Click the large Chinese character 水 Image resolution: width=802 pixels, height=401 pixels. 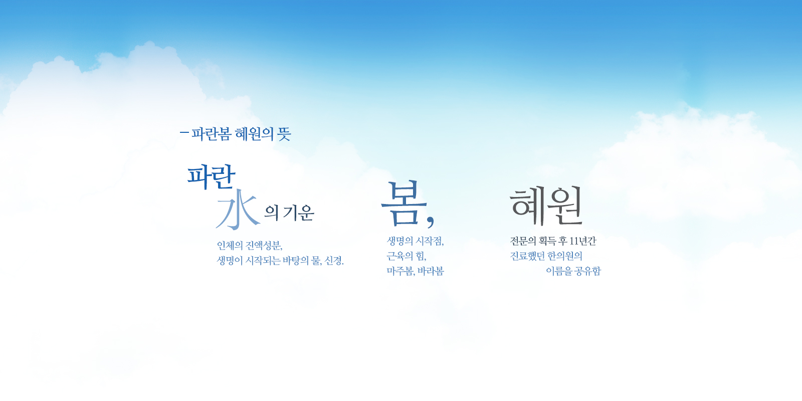pyautogui.click(x=238, y=210)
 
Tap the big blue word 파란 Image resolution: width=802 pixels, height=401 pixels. pyautogui.click(x=212, y=177)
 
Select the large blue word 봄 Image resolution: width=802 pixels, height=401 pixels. pyautogui.click(x=404, y=204)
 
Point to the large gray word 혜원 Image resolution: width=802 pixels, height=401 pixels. pyautogui.click(x=546, y=206)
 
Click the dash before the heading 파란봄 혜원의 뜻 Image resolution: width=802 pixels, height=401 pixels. pyautogui.click(x=184, y=133)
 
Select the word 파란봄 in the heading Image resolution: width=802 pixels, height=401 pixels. pyautogui.click(x=211, y=134)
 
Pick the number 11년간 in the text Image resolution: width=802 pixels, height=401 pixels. pyautogui.click(x=582, y=241)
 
